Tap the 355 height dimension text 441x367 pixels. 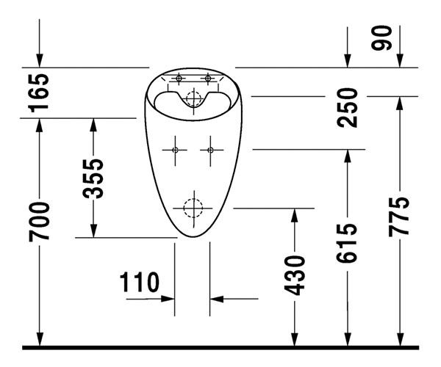click(x=93, y=178)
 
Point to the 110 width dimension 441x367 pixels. click(x=140, y=281)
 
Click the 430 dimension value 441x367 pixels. click(x=295, y=275)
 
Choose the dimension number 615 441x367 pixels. click(x=348, y=242)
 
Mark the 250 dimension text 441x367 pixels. click(x=348, y=107)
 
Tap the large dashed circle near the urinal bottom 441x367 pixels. click(x=193, y=208)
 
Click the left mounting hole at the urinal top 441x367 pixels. click(x=178, y=78)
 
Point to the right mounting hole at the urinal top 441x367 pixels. click(x=209, y=78)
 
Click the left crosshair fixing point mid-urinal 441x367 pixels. click(x=175, y=150)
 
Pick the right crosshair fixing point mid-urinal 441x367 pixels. click(x=210, y=150)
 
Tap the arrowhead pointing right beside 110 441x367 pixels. click(x=168, y=299)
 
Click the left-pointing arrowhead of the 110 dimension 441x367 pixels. click(x=217, y=299)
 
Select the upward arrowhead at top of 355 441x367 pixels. click(x=93, y=124)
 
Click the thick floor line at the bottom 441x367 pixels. click(x=220, y=346)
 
